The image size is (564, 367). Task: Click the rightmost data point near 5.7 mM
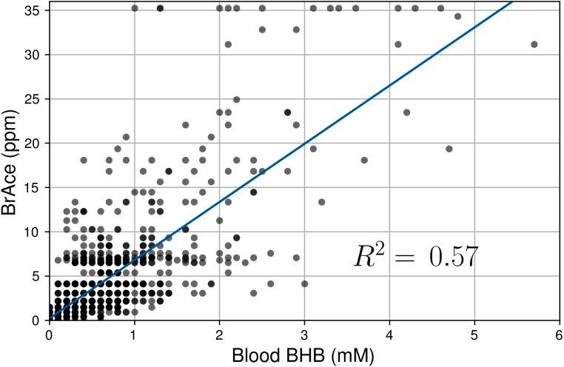(x=534, y=44)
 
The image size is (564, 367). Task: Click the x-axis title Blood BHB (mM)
(x=304, y=355)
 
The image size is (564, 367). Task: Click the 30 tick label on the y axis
(x=34, y=55)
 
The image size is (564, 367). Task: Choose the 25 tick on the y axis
(x=34, y=99)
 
